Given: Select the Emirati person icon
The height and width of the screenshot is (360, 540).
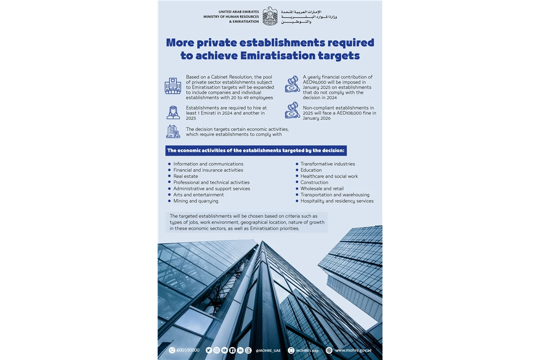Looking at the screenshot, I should coord(173,112).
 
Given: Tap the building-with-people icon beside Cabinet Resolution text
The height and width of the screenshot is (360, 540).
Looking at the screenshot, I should coord(173,85).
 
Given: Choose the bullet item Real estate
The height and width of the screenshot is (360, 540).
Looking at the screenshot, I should coord(185,176).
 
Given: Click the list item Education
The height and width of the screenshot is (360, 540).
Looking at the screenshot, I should coord(311,170).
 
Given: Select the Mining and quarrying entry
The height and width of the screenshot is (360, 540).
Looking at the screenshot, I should coord(196,201).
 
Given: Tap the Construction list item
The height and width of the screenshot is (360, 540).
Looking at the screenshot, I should coord(314,182).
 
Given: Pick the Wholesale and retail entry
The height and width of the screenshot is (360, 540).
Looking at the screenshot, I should coord(322,189).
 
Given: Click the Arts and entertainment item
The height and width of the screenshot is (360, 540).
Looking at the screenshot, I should coord(198,195).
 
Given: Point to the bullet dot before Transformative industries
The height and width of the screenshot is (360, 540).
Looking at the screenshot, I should coord(297,164).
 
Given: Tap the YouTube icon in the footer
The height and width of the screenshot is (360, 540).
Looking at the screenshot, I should coord(225,350).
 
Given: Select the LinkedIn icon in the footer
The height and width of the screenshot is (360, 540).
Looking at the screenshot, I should coord(240,350).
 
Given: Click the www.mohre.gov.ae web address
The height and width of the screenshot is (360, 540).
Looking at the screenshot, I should coord(353,350).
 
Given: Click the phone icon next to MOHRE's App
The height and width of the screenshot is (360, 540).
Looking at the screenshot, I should coord(291,350).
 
